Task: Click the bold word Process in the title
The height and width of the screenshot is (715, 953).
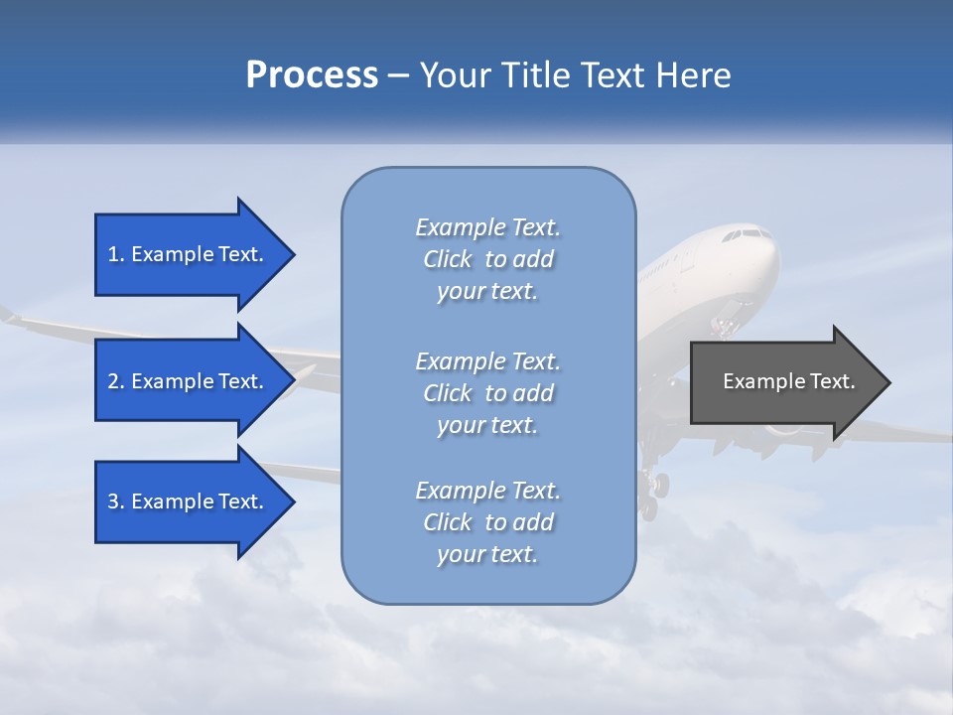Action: coord(312,75)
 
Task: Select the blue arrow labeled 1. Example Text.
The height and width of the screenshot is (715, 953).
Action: coord(189,254)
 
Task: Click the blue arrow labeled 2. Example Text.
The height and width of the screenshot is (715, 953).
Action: coord(189,381)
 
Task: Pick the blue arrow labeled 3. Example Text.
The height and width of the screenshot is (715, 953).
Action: coord(189,501)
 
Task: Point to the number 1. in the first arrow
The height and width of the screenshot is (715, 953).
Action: coord(116,254)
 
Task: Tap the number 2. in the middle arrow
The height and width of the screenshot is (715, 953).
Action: coord(116,381)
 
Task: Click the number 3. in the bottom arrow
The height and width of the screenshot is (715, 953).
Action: coord(116,501)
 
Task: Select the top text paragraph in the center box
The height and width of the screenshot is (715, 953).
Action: coord(487,259)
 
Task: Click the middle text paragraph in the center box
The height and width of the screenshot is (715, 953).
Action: coord(487,393)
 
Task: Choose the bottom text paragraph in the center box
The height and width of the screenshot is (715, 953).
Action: coord(487,522)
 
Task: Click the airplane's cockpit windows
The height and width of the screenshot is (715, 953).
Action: coord(746,235)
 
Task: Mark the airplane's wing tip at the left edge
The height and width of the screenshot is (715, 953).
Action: coord(8,315)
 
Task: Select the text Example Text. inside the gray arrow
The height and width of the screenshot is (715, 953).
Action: coord(789,381)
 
